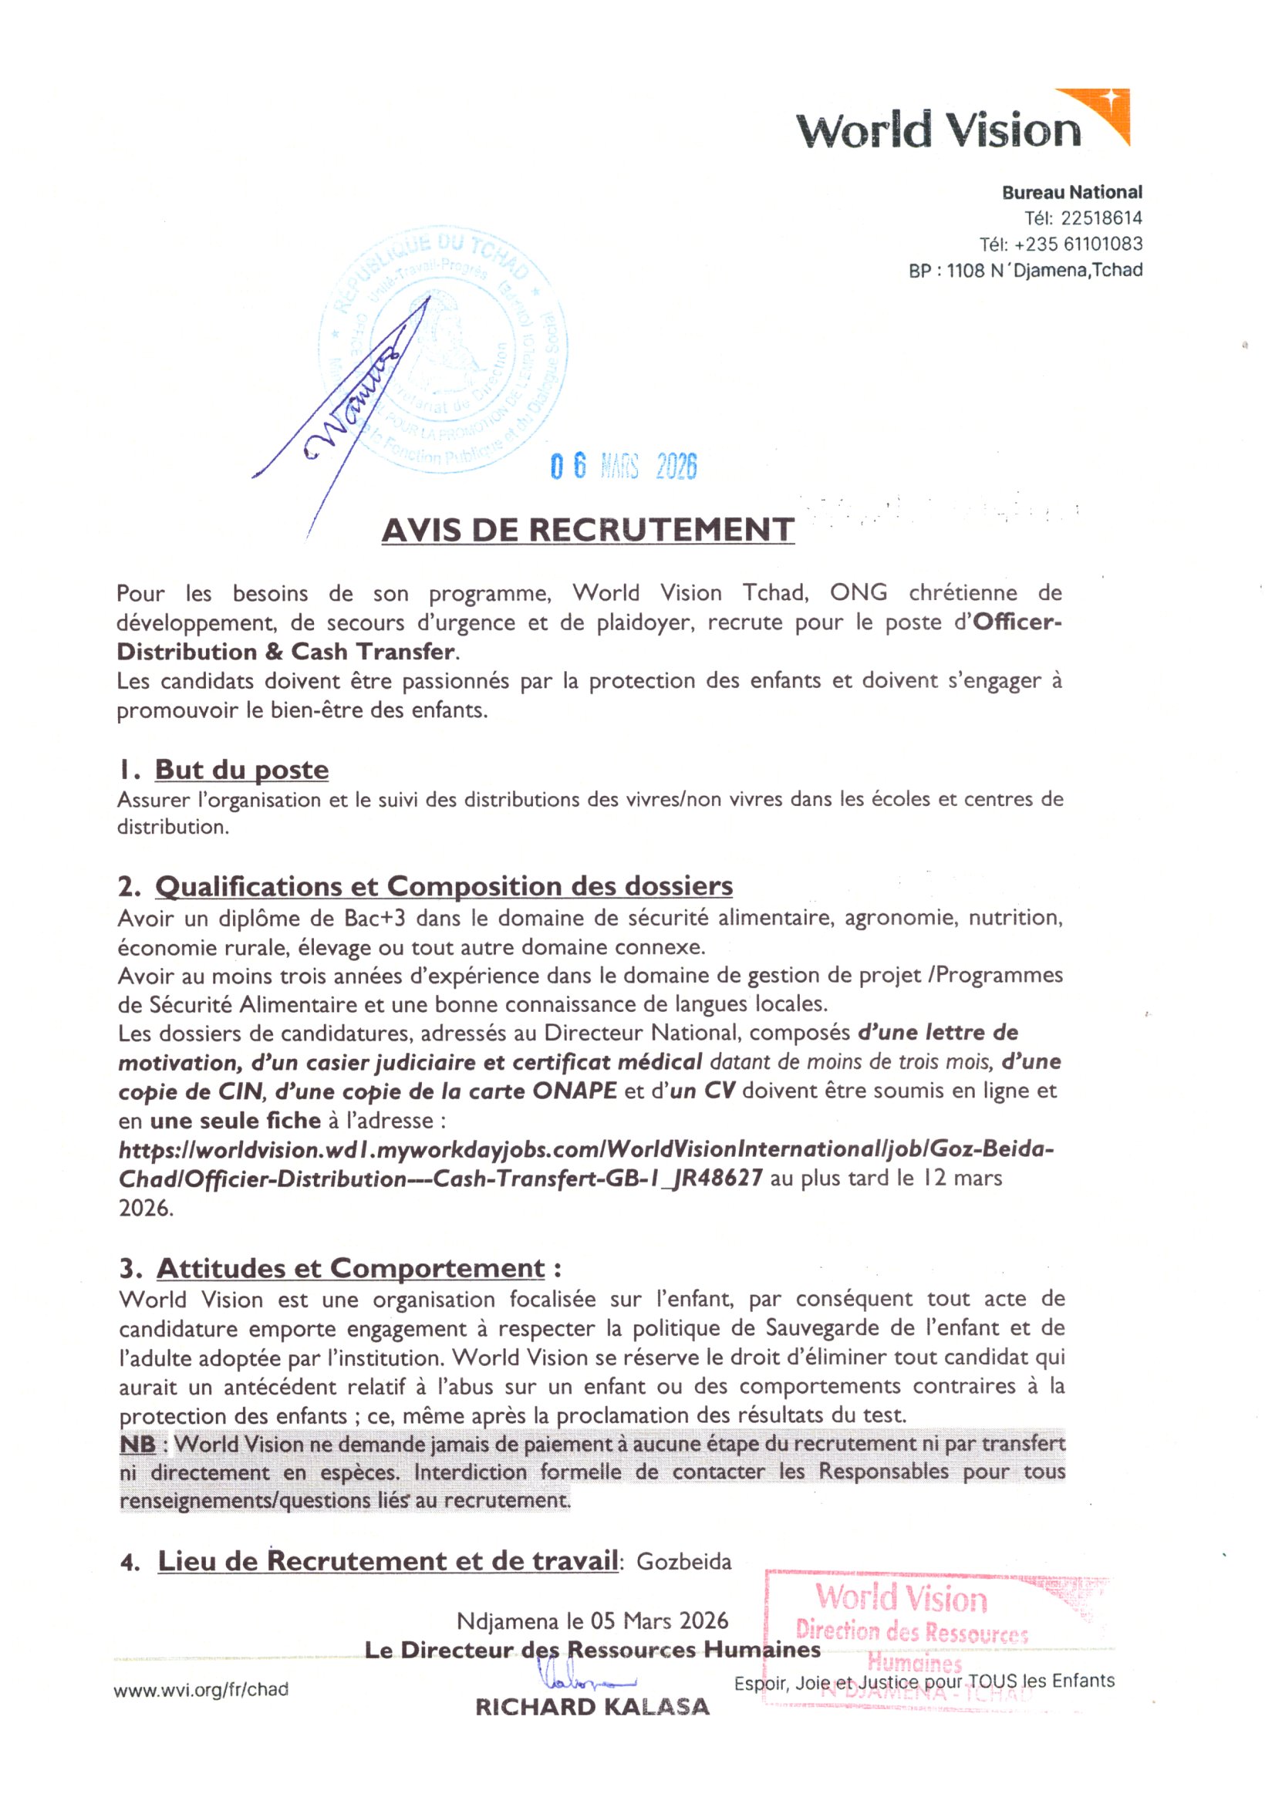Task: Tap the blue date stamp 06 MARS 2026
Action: [624, 466]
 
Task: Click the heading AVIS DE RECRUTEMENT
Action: [588, 530]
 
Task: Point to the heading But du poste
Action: [241, 769]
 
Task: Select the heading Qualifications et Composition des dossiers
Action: [443, 885]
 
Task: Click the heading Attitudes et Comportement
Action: [350, 1268]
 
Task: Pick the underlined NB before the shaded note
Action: [137, 1444]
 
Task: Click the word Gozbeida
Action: [683, 1561]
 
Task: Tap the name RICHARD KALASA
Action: [592, 1707]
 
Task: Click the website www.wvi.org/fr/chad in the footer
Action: [201, 1689]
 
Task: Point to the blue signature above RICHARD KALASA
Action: [585, 1678]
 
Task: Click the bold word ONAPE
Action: [575, 1091]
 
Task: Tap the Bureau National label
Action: [1071, 192]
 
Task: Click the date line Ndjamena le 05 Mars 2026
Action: [592, 1621]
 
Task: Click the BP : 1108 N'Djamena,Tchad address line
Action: [1025, 270]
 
